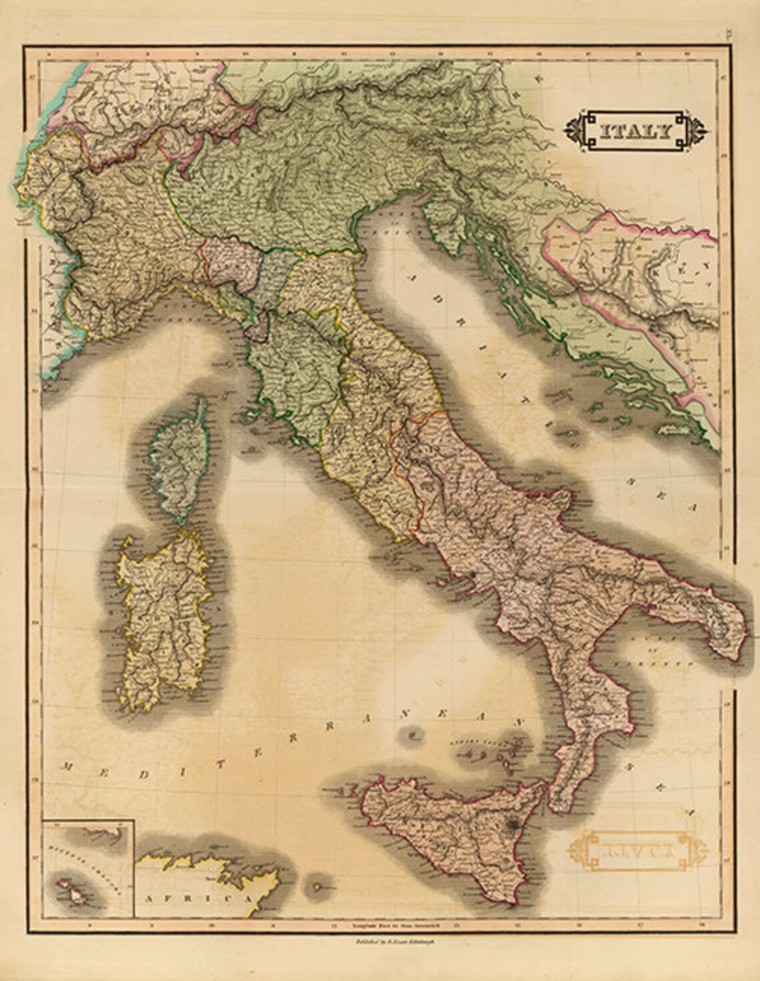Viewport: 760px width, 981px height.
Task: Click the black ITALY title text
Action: (634, 131)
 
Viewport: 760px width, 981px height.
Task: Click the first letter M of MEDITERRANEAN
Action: (66, 767)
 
